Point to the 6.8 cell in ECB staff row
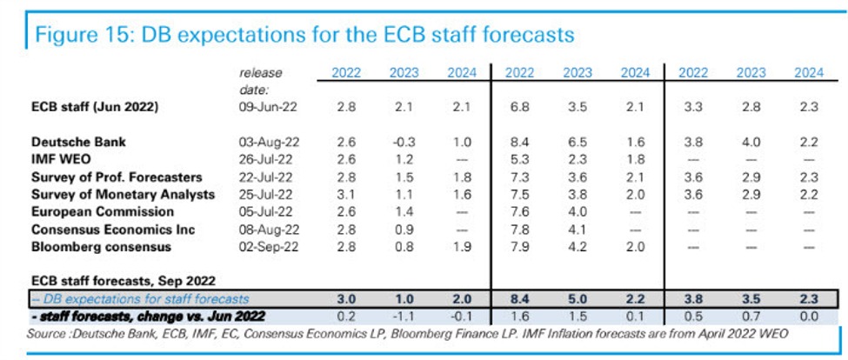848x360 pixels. tap(521, 107)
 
